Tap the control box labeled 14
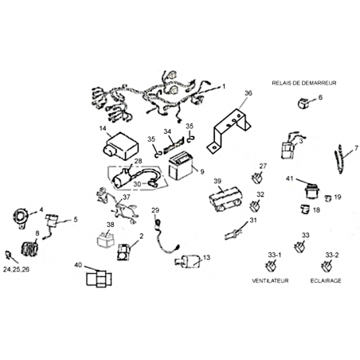121,147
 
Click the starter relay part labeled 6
303,103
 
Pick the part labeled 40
99,279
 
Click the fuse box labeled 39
225,198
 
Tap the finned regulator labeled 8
29,248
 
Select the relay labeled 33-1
271,266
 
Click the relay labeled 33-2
327,266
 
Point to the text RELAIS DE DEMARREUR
304,83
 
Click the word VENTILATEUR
270,280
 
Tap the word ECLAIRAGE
326,280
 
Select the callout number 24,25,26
16,269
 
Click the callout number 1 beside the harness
224,87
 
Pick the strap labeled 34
173,146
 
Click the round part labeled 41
311,191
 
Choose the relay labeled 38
106,240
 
